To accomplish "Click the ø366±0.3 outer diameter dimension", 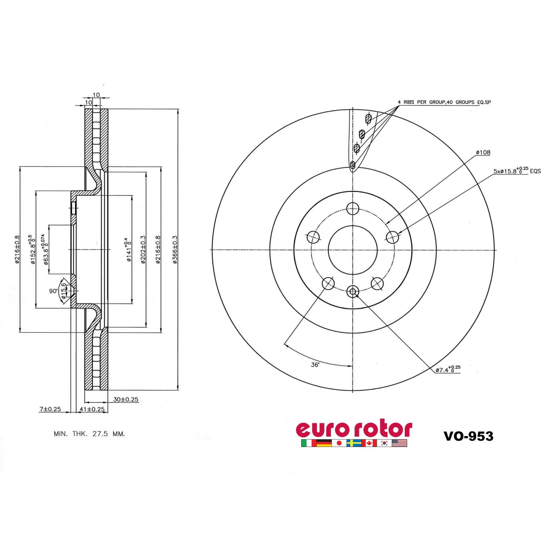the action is click(x=175, y=250).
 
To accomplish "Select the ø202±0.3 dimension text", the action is click(x=143, y=250).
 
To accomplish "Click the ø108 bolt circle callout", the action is click(x=483, y=152).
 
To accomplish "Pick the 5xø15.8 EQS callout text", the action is click(x=517, y=171).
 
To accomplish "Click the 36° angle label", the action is click(x=315, y=364).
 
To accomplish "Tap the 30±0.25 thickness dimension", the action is click(x=126, y=399).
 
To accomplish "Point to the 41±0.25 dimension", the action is click(x=92, y=409).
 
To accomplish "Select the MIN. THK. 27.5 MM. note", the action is click(x=90, y=434).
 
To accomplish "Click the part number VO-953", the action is click(x=468, y=436).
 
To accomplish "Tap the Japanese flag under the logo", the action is click(x=339, y=443).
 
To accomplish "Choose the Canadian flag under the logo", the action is click(x=369, y=443).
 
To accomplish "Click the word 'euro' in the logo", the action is click(x=323, y=429).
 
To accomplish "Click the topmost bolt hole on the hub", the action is click(x=353, y=208).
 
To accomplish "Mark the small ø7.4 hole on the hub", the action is click(x=353, y=292).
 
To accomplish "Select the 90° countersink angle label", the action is click(x=53, y=291).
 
